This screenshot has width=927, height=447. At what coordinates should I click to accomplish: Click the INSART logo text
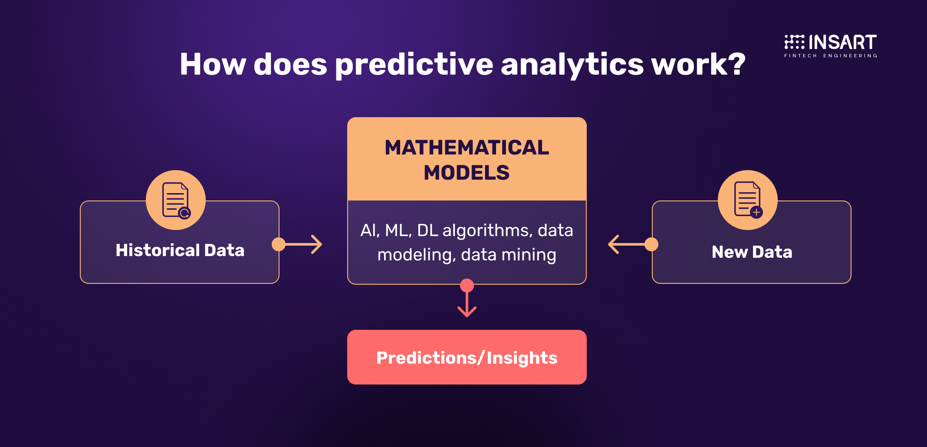843,42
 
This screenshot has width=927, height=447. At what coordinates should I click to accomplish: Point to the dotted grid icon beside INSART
794,42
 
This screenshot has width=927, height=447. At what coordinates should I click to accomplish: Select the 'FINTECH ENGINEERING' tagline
831,56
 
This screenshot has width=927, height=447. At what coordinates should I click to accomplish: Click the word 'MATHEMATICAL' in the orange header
467,148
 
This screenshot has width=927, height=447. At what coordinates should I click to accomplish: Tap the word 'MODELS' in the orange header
467,173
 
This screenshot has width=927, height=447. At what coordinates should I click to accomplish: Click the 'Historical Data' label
180,250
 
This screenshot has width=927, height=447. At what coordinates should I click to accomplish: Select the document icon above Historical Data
176,200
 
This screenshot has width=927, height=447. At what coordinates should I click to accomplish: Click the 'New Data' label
752,252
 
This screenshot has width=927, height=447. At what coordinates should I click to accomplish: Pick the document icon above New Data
748,200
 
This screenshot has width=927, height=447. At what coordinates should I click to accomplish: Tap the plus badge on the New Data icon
756,212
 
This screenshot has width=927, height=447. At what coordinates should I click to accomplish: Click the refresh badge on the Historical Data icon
184,213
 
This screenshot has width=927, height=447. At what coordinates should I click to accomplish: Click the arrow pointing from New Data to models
633,244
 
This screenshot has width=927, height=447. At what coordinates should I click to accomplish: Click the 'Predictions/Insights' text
467,358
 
